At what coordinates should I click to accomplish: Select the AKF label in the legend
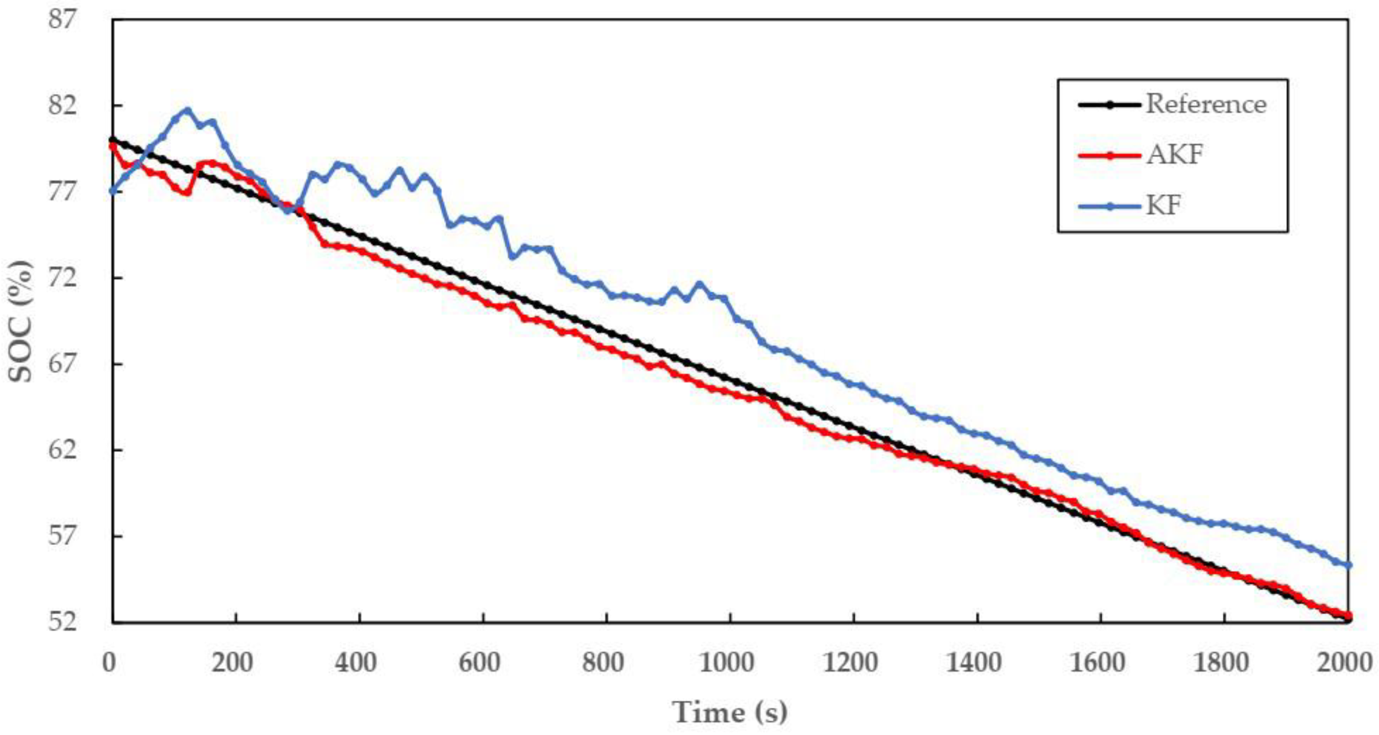click(1174, 155)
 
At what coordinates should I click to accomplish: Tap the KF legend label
click(1163, 206)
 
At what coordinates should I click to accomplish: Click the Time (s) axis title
click(729, 712)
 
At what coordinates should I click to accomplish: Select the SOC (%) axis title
click(21, 321)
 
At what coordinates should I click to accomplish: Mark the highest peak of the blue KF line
click(187, 110)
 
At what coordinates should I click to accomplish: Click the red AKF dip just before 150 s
click(187, 193)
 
